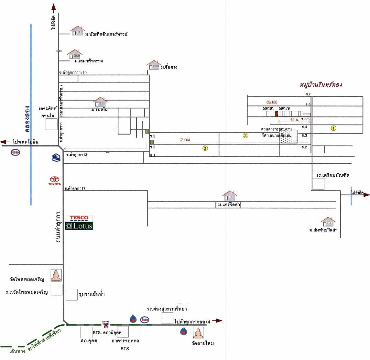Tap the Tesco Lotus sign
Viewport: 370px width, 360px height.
point(79,222)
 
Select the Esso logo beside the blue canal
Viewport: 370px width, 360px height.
point(15,152)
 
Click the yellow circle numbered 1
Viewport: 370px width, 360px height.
point(334,128)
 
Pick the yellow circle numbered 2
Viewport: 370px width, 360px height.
point(245,136)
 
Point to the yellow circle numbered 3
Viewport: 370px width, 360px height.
point(205,148)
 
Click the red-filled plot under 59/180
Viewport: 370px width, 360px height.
point(276,114)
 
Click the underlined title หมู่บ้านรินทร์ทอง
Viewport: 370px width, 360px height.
point(321,85)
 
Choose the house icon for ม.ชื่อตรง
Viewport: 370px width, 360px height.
point(154,65)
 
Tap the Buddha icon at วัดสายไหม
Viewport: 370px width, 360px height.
point(198,333)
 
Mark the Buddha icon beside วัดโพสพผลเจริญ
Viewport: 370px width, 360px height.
point(56,275)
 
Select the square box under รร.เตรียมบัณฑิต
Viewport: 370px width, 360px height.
point(318,184)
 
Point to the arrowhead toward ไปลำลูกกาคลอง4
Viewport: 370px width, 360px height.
point(220,321)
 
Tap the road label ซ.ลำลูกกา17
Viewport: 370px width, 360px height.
point(75,188)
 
